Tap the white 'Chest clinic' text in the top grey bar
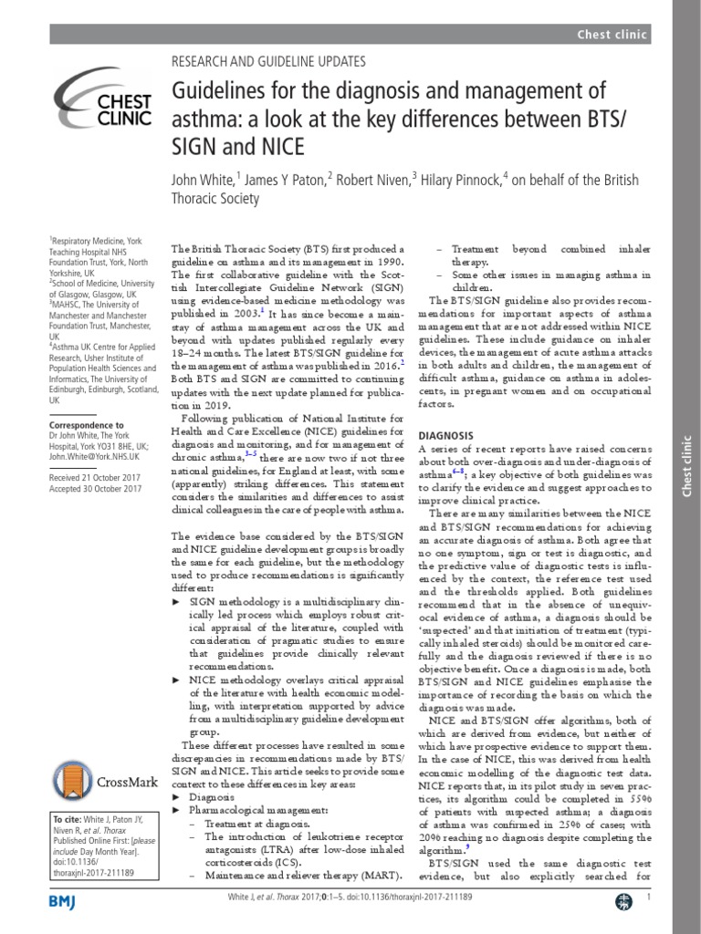coord(612,35)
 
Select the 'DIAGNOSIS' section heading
coord(446,435)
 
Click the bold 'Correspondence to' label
coord(87,425)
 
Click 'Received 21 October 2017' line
coord(96,475)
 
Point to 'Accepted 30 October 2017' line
coord(96,489)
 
